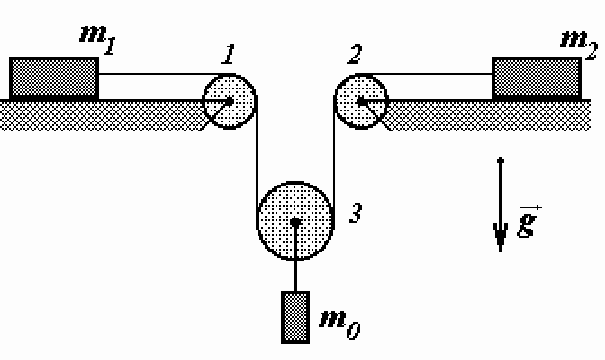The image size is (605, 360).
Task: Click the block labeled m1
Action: pos(54,78)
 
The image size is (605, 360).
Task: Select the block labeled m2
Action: pos(537,78)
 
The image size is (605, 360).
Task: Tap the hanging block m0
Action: pos(295,317)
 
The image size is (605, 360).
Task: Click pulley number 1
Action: pos(229,102)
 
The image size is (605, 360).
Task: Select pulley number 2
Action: pos(361,102)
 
